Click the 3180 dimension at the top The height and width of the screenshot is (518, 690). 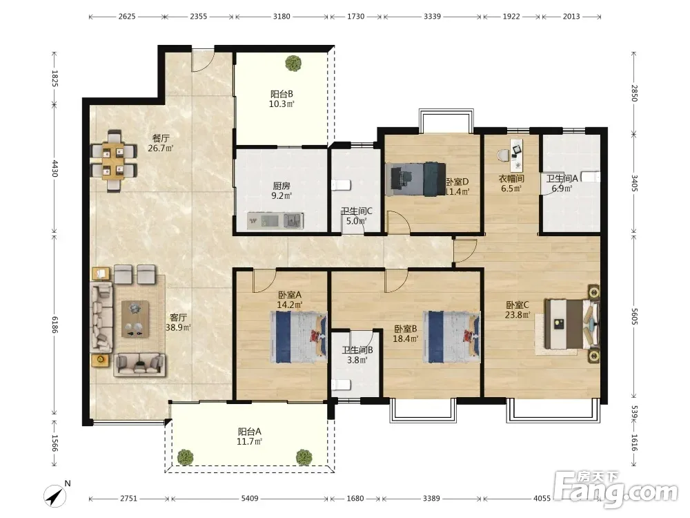pos(282,17)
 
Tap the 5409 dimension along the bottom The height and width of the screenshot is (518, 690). pos(250,498)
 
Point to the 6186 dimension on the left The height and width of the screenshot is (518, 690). pos(55,324)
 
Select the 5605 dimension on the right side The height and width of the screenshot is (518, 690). pos(633,316)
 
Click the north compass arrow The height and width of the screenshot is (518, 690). pos(55,496)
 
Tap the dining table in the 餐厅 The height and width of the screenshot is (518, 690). pos(114,160)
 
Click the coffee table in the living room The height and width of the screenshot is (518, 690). pos(135,319)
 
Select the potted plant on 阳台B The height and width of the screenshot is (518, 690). pos(293,63)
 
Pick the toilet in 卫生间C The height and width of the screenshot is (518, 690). pos(341,184)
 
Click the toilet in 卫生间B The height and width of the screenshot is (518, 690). pos(341,385)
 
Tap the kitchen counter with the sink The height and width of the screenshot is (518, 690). pos(275,221)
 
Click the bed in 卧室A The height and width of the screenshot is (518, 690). pos(298,337)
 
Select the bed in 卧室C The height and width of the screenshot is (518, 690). pos(572,324)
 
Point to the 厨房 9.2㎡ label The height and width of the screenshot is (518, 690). pos(282,191)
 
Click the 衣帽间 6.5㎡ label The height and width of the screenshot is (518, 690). pos(511,183)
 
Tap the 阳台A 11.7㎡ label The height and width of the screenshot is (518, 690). pos(250,437)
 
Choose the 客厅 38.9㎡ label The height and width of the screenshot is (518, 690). pos(178,323)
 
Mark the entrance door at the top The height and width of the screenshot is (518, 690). pos(203,61)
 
